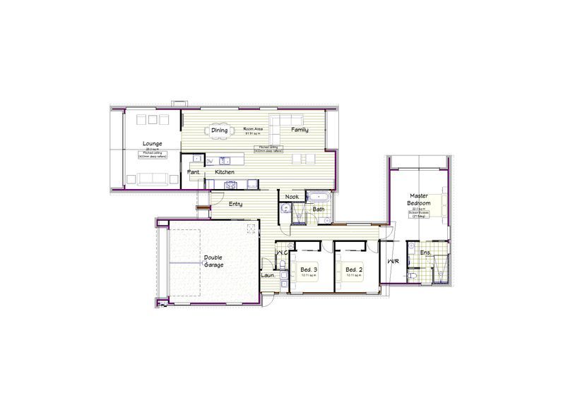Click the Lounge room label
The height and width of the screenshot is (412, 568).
(152, 144)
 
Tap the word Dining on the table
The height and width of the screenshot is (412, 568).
(220, 131)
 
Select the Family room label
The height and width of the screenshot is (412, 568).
(300, 131)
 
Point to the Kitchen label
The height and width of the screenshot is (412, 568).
(225, 172)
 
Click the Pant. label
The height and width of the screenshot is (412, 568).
(193, 172)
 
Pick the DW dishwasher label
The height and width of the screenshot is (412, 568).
(209, 162)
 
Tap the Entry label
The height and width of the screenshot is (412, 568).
(235, 204)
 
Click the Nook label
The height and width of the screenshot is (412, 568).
(292, 197)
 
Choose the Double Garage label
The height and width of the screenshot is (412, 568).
(214, 261)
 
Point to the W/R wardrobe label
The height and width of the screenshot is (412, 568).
(393, 261)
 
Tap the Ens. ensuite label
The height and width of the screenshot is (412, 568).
(425, 253)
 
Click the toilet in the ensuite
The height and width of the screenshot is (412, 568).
(412, 277)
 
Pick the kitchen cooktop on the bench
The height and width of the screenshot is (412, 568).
(230, 185)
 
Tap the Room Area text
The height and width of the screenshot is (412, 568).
(254, 130)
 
